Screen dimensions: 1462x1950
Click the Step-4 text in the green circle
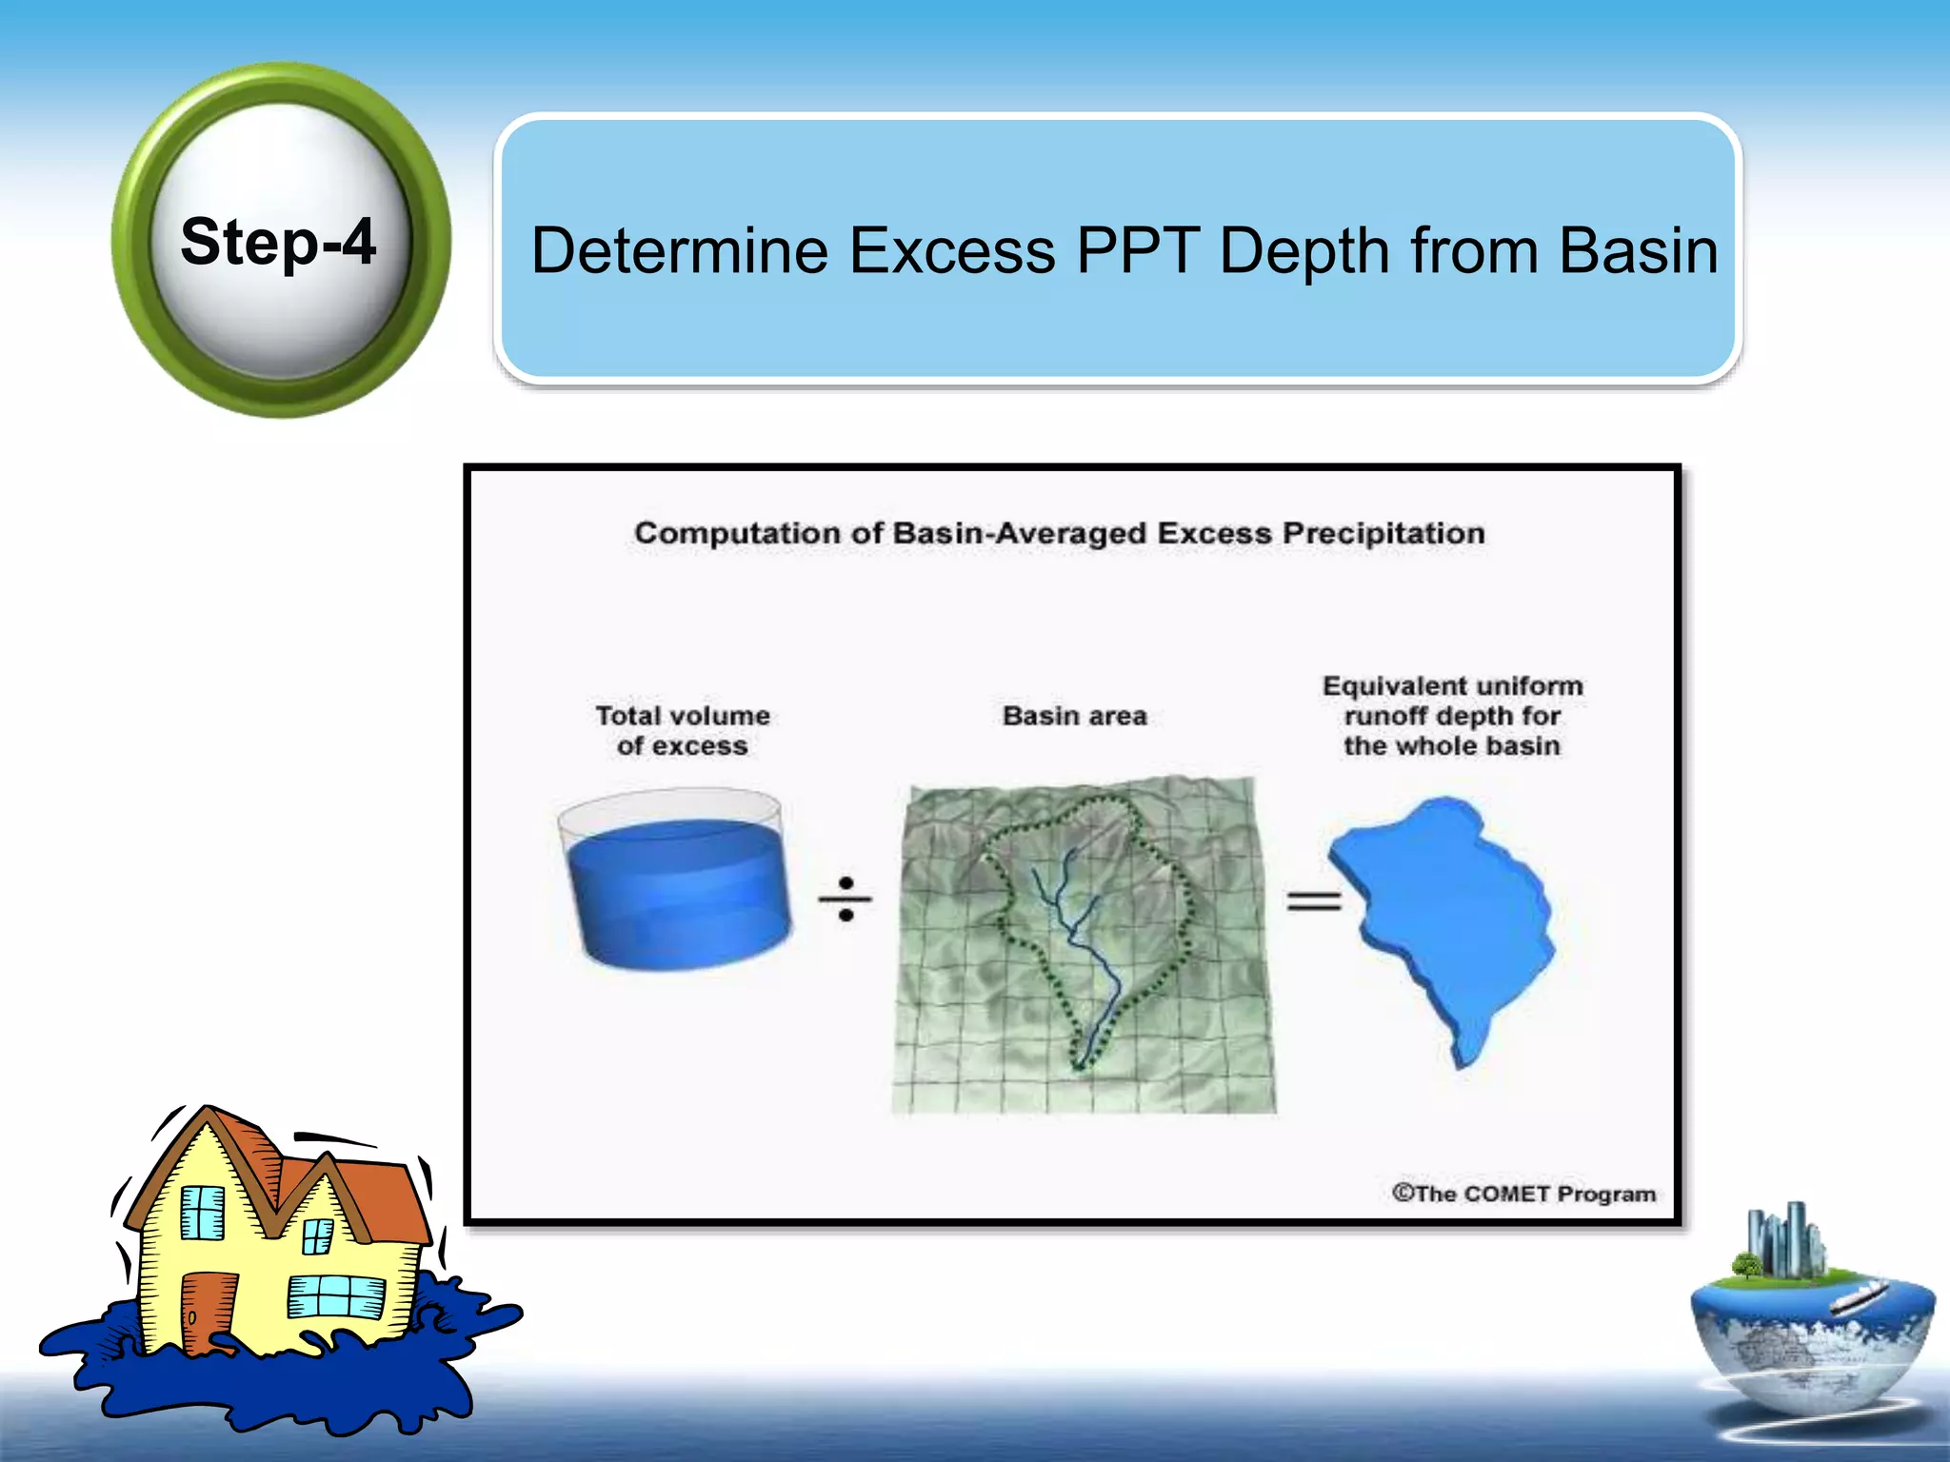278,242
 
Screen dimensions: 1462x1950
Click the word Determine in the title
679,251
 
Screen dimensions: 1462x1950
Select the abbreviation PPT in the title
1137,251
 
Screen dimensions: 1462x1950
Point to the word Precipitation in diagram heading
1383,533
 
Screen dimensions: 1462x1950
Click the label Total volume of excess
682,730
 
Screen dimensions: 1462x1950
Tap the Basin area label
1074,716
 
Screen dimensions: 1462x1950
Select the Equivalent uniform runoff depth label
1452,716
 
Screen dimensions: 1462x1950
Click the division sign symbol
846,899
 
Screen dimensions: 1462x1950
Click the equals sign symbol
1313,900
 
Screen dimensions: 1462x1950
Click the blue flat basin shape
1447,914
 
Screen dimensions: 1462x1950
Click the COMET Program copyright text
1523,1194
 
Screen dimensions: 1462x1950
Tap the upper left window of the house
202,1213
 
